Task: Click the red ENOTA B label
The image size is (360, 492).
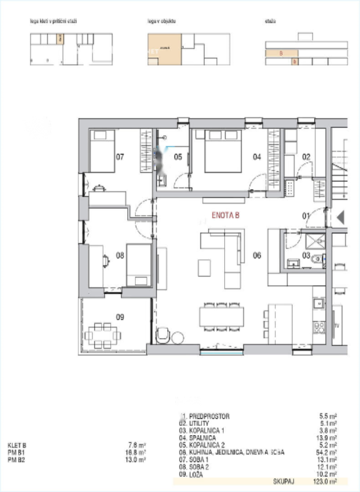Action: pos(226,215)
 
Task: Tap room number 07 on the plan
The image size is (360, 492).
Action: pos(120,157)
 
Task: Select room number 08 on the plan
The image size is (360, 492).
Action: pos(120,256)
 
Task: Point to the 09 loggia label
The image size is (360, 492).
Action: pos(120,317)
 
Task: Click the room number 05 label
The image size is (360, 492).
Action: pos(178,157)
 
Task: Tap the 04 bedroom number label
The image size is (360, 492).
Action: pos(257,157)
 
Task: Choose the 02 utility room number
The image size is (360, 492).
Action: pos(306,157)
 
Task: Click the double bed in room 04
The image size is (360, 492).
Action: pos(223,151)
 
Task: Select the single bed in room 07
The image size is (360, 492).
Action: pos(102,151)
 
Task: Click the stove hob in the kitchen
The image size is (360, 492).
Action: pos(319,326)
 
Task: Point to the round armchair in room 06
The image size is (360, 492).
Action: pos(162,336)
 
